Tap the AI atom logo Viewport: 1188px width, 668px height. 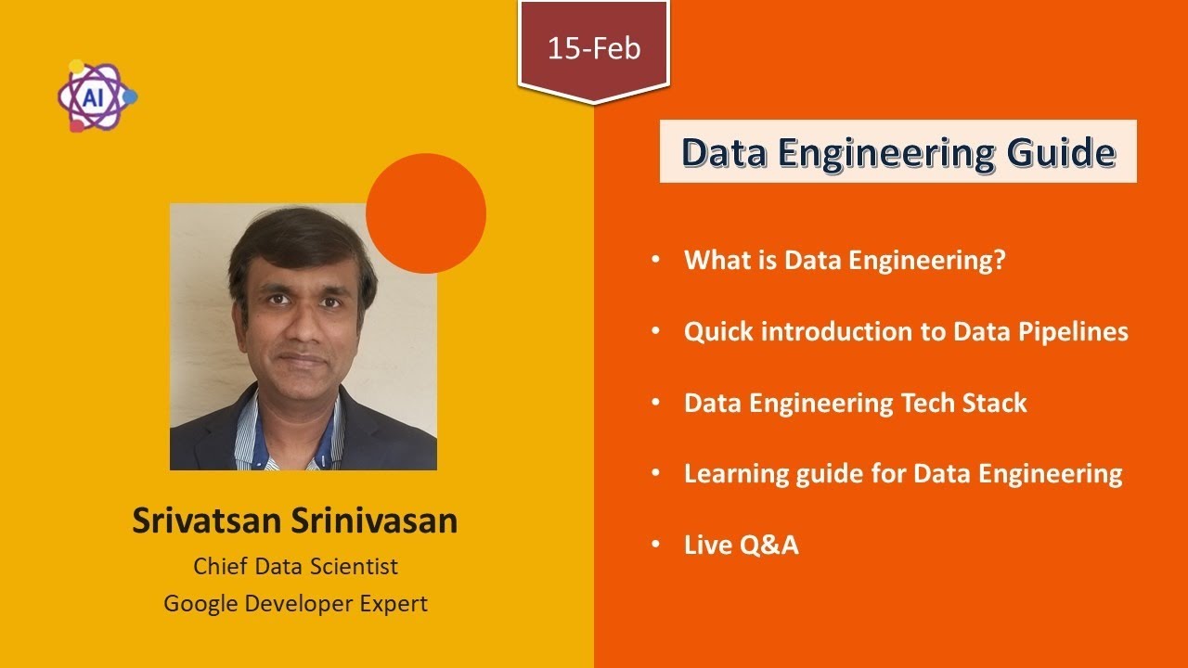click(x=96, y=96)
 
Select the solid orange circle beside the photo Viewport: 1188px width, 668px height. click(x=426, y=213)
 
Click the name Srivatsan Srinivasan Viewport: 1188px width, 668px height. click(x=294, y=520)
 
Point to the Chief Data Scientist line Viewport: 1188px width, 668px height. click(x=295, y=565)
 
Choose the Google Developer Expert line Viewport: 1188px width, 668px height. click(x=295, y=603)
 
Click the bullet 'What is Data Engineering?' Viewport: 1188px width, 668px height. click(x=845, y=261)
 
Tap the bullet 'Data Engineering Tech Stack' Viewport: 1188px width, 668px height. click(x=855, y=403)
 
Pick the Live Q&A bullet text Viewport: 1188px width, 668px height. click(x=741, y=545)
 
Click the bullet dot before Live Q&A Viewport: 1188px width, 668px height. click(x=657, y=545)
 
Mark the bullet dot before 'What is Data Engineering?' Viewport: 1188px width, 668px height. click(x=657, y=261)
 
